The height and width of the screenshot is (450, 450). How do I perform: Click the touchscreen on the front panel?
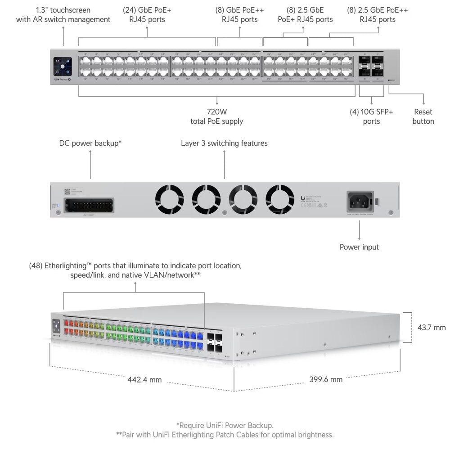[63, 66]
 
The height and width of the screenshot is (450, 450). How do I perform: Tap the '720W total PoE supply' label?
[217, 117]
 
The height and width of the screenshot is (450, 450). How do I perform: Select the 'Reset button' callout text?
[423, 117]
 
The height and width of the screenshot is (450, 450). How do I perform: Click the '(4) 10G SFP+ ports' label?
[371, 117]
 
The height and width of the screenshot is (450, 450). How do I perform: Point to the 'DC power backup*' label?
[90, 143]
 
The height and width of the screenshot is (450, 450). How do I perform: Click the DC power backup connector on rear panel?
[89, 205]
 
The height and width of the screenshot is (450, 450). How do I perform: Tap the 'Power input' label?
[359, 247]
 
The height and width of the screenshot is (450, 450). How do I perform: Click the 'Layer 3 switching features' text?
[224, 143]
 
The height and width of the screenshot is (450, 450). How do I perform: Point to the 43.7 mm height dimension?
[431, 327]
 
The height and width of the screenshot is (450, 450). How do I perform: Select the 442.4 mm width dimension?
[144, 379]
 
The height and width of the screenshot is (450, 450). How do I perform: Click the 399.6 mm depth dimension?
[326, 379]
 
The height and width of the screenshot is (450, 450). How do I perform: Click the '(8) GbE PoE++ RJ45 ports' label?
[239, 14]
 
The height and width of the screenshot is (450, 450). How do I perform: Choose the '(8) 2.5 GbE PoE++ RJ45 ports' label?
[378, 14]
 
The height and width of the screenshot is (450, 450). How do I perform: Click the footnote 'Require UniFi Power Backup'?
[225, 425]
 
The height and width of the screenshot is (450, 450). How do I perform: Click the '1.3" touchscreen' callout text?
[63, 14]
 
